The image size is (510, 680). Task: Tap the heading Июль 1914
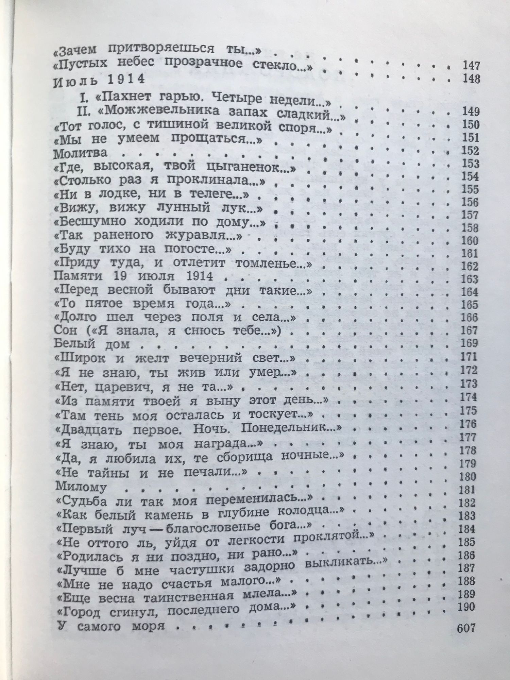(98, 81)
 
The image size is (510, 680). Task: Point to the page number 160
(470, 241)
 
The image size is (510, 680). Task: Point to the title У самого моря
(109, 626)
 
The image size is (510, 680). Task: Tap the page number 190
(466, 607)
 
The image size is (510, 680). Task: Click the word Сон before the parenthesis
(65, 330)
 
